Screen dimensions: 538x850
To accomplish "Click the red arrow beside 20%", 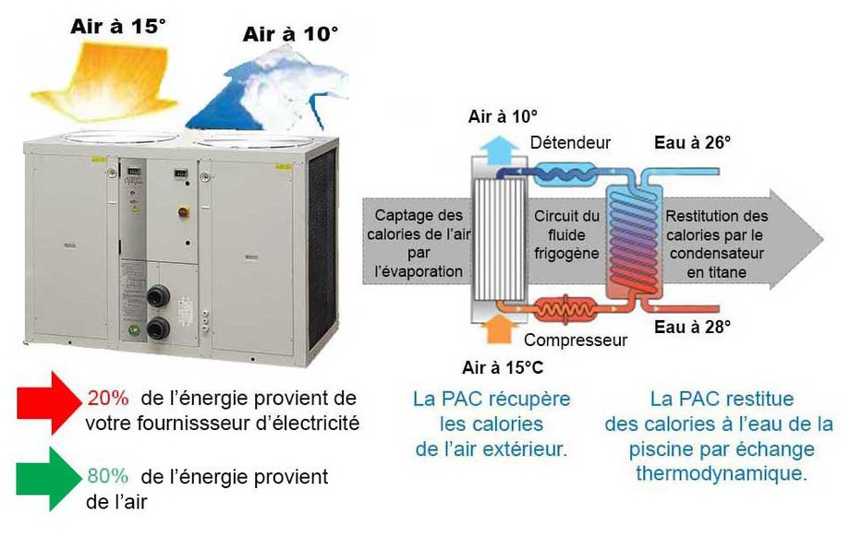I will click(x=48, y=401).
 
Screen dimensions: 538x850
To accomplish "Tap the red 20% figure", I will click(x=107, y=398).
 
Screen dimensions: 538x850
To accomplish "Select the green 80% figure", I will click(x=107, y=477).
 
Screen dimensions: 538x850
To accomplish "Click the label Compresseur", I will click(x=576, y=340).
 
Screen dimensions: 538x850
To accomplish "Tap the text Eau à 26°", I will click(x=692, y=142).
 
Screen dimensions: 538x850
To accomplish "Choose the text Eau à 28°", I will click(x=692, y=326).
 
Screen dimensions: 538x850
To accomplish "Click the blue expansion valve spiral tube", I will click(x=564, y=172).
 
